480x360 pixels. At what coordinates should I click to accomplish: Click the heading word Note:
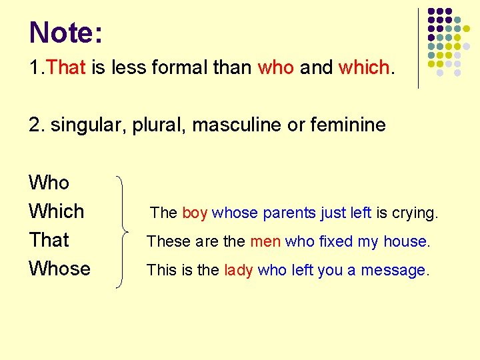(66, 33)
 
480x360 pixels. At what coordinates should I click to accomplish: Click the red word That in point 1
(67, 67)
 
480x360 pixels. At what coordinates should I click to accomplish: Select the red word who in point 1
(275, 67)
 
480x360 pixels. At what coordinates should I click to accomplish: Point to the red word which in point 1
(364, 67)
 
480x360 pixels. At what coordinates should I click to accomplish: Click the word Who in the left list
(49, 182)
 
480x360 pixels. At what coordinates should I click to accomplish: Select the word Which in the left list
(57, 211)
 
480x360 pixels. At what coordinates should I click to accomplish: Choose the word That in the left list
(49, 240)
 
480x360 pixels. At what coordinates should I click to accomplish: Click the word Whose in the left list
(59, 269)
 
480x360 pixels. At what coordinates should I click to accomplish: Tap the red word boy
(195, 213)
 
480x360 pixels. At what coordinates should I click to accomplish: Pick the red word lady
(238, 270)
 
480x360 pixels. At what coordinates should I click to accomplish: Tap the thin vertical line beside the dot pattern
(418, 48)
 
